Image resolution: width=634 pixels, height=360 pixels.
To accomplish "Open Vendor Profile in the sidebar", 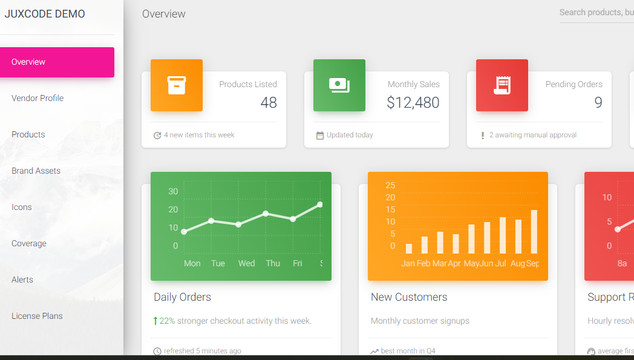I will (x=38, y=98).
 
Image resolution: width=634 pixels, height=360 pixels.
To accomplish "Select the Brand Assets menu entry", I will (x=36, y=171).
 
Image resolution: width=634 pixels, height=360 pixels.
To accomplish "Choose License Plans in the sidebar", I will (x=37, y=316).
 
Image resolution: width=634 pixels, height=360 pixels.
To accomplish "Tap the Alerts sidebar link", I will (x=22, y=280).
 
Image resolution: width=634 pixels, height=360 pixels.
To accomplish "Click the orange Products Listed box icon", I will (x=177, y=85).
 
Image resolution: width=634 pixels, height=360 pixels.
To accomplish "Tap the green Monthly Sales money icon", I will (x=339, y=85).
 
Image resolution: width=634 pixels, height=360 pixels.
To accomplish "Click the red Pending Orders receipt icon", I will (x=502, y=85).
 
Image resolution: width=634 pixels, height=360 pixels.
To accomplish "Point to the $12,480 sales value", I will (x=413, y=103).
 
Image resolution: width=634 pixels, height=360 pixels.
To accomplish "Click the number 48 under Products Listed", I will (x=269, y=103).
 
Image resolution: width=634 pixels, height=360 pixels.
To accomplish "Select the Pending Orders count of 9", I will (x=598, y=103).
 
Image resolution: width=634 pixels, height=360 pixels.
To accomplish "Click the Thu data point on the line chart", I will (x=266, y=214).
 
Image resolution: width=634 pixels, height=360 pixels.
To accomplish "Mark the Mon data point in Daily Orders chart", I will (x=184, y=232).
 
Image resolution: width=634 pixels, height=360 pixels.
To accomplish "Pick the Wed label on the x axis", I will (x=246, y=263).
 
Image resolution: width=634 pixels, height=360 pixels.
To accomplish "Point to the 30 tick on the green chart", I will (x=173, y=191).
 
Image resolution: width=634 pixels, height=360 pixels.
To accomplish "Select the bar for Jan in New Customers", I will (x=409, y=248).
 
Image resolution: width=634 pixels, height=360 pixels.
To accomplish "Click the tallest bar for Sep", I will (x=534, y=232).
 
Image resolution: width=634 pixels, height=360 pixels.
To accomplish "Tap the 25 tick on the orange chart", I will (x=390, y=185).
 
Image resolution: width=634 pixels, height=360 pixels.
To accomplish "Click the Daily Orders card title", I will (x=182, y=297).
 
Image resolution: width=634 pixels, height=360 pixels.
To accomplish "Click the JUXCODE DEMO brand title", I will (x=45, y=14).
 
